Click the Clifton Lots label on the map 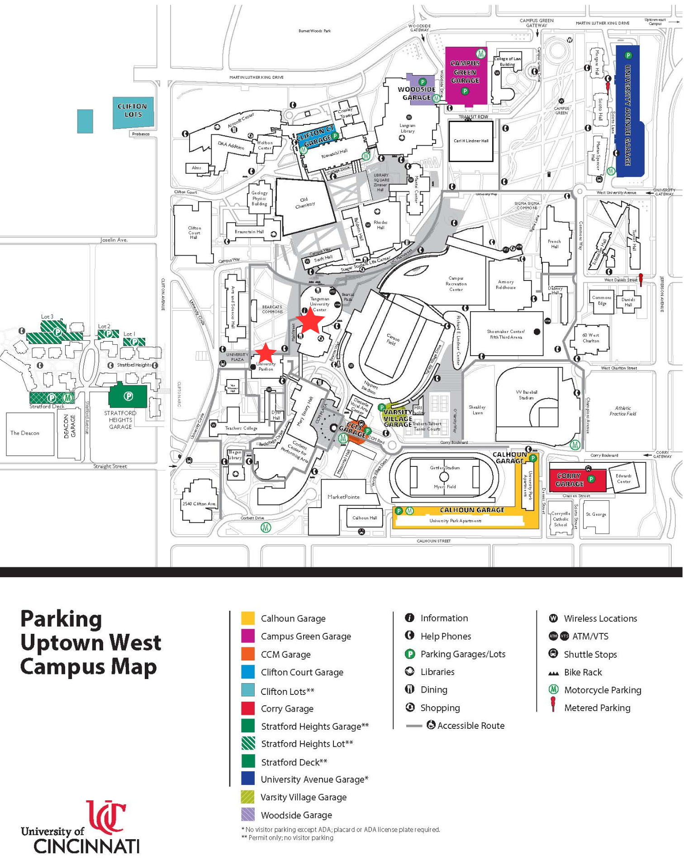pos(133,110)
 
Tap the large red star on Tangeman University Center pos(310,321)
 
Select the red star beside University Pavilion pos(266,352)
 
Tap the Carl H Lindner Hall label pos(471,141)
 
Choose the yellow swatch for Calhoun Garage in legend pos(248,618)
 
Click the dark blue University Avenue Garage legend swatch pos(248,779)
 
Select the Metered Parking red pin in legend pos(553,704)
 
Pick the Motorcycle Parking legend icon pos(553,689)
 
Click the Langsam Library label pos(408,128)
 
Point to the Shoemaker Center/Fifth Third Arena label pos(506,334)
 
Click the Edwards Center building pos(623,479)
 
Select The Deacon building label pos(25,433)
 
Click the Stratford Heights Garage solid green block pos(128,397)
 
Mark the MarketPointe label pos(344,497)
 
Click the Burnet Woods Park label pos(314,31)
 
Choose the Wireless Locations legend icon pos(553,618)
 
